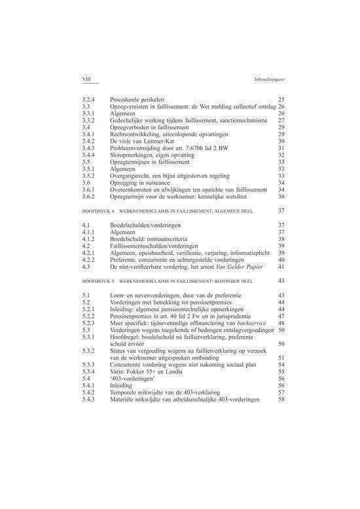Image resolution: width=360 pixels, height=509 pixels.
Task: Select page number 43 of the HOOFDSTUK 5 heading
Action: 281,280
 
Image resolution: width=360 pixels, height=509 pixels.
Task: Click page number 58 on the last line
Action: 281,400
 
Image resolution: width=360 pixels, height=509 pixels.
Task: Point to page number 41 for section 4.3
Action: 281,267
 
